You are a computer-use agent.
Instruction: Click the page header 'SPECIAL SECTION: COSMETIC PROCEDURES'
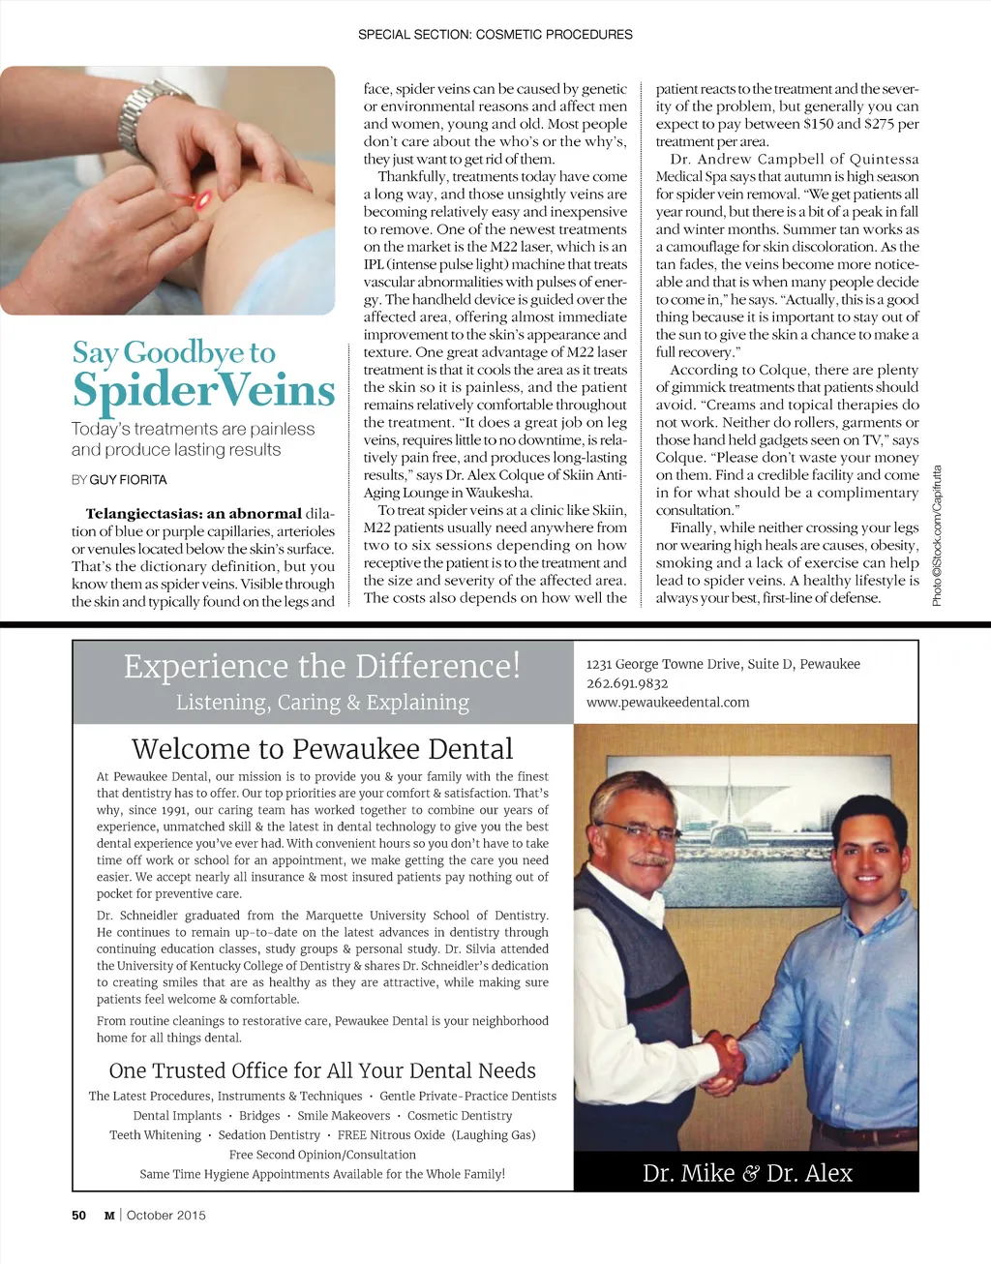coord(495,35)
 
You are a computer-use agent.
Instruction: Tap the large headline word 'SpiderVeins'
coord(203,390)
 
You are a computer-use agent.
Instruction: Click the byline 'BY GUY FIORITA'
coord(119,480)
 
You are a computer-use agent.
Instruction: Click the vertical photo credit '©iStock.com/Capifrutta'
coord(937,537)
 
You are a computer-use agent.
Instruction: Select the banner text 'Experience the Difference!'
coord(322,666)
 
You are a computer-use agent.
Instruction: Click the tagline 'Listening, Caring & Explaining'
coord(322,703)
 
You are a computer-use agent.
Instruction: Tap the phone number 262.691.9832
coord(627,683)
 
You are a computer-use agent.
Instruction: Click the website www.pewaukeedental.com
coord(668,703)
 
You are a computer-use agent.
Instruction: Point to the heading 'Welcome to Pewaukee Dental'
coord(322,749)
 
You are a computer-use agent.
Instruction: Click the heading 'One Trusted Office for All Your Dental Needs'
coord(322,1070)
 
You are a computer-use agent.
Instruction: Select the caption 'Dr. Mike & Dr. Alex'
coord(747,1173)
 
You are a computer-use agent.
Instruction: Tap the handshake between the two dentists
coord(724,1056)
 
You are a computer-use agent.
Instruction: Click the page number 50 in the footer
coord(79,1216)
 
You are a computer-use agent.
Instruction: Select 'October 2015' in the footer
coord(166,1216)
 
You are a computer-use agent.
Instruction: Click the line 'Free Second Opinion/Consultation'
coord(322,1155)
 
